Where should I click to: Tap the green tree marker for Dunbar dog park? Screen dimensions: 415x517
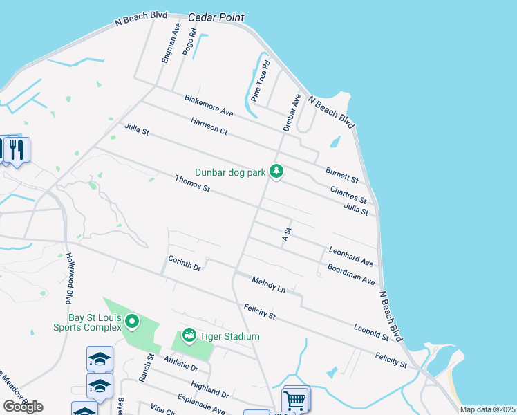[x=276, y=170]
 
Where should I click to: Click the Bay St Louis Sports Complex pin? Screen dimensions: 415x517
[x=132, y=322]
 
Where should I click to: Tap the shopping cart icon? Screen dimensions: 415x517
[x=295, y=399]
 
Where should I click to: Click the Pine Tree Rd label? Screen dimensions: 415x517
[x=261, y=82]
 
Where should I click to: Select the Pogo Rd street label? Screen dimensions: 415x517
[x=189, y=41]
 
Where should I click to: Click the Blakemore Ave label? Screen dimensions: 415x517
[x=209, y=106]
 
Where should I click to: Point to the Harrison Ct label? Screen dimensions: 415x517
[x=209, y=125]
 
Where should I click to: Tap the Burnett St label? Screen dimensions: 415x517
[x=342, y=173]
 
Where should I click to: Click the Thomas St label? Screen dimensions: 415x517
[x=192, y=183]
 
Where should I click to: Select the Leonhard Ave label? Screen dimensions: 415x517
[x=351, y=256]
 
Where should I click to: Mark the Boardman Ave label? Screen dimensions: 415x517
[x=350, y=275]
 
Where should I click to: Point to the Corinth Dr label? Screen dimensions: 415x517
[x=184, y=263]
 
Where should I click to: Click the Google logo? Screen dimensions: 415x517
[x=23, y=407]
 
